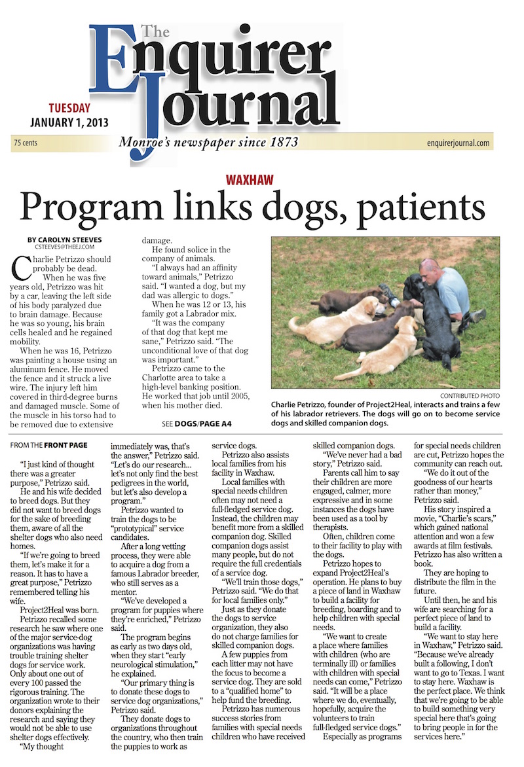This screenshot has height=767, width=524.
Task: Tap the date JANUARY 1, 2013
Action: (x=69, y=122)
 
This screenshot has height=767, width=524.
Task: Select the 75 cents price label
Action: (x=25, y=143)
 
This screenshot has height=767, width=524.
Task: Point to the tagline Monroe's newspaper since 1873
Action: (x=208, y=142)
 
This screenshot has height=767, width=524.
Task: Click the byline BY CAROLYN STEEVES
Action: (x=65, y=240)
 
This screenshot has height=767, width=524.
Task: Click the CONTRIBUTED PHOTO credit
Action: (x=470, y=396)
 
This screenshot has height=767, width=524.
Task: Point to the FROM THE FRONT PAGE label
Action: (x=49, y=445)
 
